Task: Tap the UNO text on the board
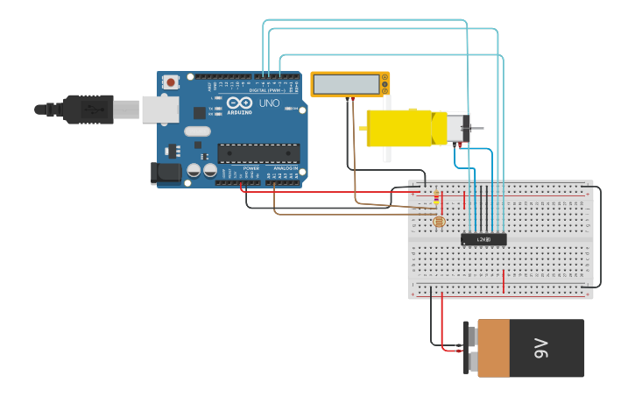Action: (269, 103)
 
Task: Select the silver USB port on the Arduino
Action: (161, 110)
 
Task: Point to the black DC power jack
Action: (166, 173)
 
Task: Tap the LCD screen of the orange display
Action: (346, 84)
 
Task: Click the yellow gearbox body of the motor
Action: (399, 127)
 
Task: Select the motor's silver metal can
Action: (456, 128)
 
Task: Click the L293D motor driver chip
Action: (483, 238)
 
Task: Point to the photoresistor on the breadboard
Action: (438, 222)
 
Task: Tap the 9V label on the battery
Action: (541, 348)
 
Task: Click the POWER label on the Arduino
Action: (250, 168)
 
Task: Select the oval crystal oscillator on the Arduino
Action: (198, 131)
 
